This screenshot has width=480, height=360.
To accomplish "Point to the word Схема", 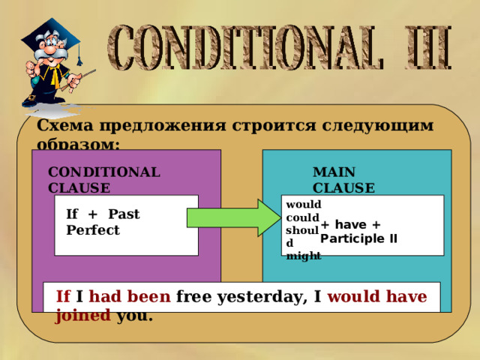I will coord(61,125).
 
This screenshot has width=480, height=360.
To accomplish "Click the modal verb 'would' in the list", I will coord(304,204).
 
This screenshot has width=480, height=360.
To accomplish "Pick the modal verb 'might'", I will coord(304,256).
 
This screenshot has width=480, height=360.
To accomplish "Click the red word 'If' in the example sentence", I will coord(63,296).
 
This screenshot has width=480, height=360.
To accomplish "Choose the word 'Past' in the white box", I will coord(123,214).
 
